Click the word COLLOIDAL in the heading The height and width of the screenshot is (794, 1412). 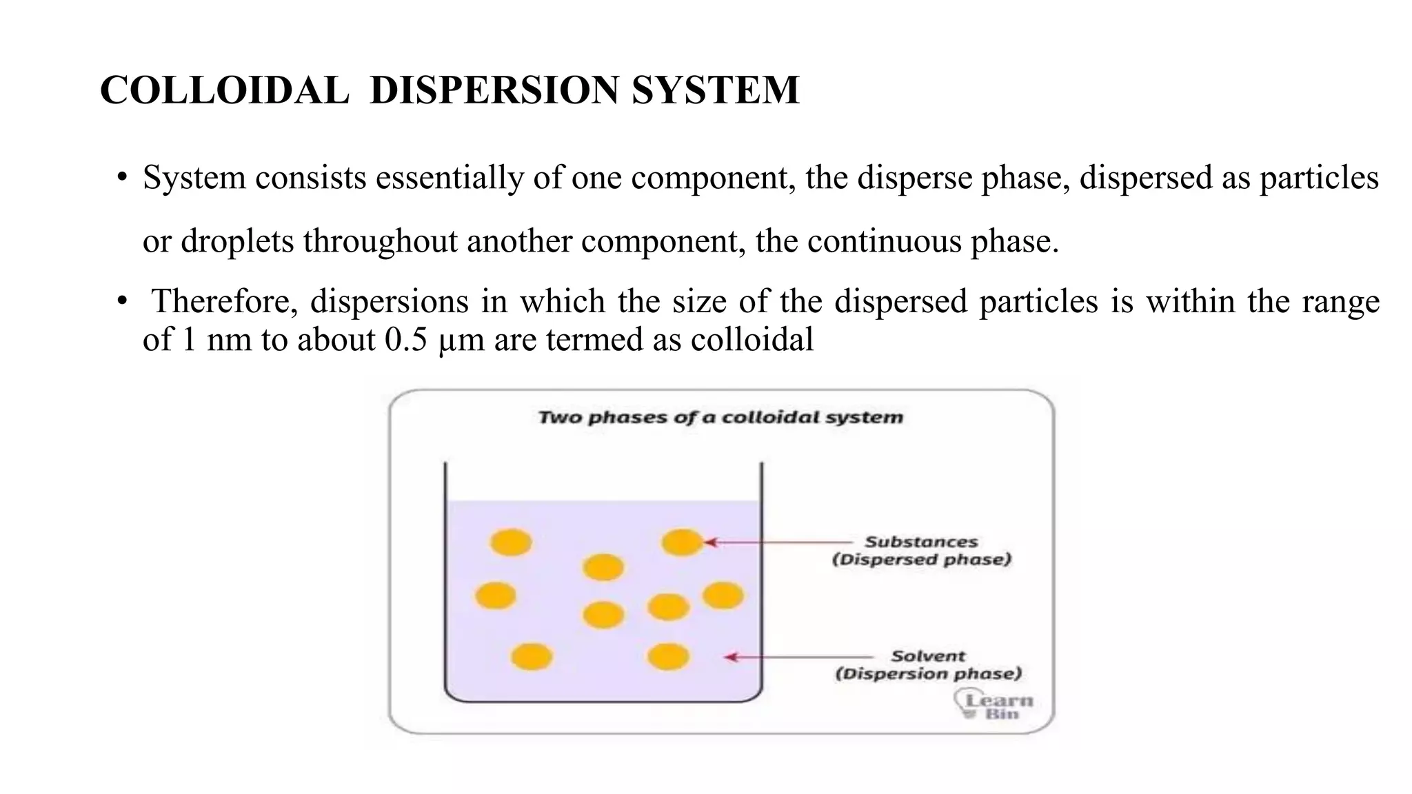click(x=224, y=90)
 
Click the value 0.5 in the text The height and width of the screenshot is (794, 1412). click(x=406, y=339)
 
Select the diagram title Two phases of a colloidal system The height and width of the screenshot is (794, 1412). click(x=720, y=417)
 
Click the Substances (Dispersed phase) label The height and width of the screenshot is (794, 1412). click(x=921, y=550)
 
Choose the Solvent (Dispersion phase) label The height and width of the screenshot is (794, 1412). click(x=928, y=664)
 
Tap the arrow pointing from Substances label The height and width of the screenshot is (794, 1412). click(x=779, y=542)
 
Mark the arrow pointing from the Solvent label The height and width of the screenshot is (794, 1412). click(x=800, y=658)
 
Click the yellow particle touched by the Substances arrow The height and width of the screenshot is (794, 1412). click(x=682, y=542)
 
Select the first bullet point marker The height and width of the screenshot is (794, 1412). click(x=122, y=178)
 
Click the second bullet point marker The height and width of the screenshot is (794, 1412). click(x=122, y=301)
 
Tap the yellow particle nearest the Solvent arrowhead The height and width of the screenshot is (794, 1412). click(x=668, y=657)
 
